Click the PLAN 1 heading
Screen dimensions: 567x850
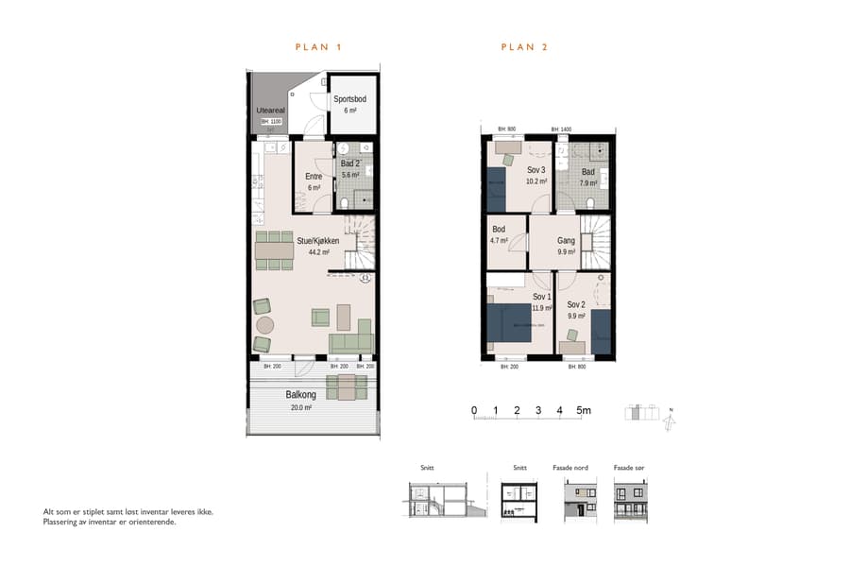pyautogui.click(x=318, y=46)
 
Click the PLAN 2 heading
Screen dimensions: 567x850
pyautogui.click(x=524, y=46)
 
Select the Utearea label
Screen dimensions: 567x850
pyautogui.click(x=270, y=111)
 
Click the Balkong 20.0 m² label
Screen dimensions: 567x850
pyautogui.click(x=299, y=401)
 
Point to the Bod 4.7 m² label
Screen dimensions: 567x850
pyautogui.click(x=499, y=234)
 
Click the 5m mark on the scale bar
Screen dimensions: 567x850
pyautogui.click(x=584, y=410)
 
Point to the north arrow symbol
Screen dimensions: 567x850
pyautogui.click(x=670, y=417)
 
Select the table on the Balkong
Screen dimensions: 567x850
pyautogui.click(x=347, y=387)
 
